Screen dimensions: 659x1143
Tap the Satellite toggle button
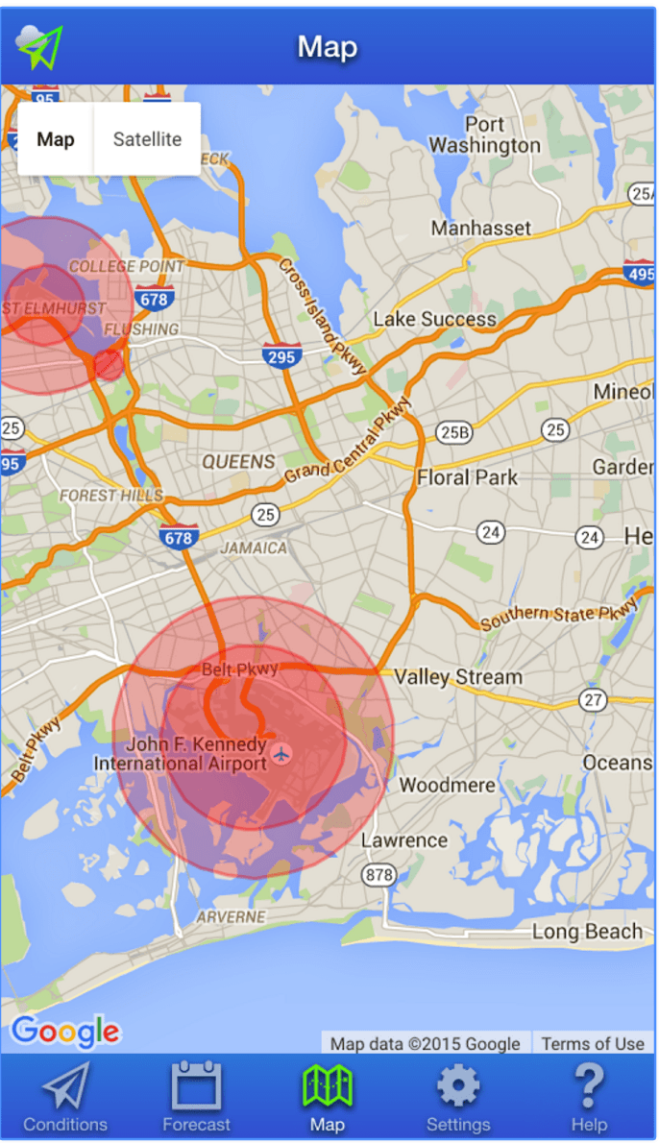coord(147,139)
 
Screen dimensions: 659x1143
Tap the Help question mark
coord(588,1088)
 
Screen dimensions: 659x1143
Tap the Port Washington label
coord(485,135)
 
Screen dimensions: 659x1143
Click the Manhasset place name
coord(481,228)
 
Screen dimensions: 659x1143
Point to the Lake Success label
coord(435,319)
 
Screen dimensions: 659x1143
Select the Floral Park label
coord(467,477)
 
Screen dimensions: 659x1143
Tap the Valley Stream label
coord(458,677)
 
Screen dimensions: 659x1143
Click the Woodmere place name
coord(448,785)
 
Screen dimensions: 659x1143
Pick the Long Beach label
coord(588,932)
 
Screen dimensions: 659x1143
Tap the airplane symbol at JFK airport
coord(281,751)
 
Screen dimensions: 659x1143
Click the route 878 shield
coord(378,875)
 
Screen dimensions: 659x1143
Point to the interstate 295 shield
coord(281,356)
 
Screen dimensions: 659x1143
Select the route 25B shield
coord(454,432)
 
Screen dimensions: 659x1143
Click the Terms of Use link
coord(593,1043)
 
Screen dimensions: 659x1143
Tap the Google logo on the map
coord(65,1032)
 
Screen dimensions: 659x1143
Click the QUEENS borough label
coord(239,462)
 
